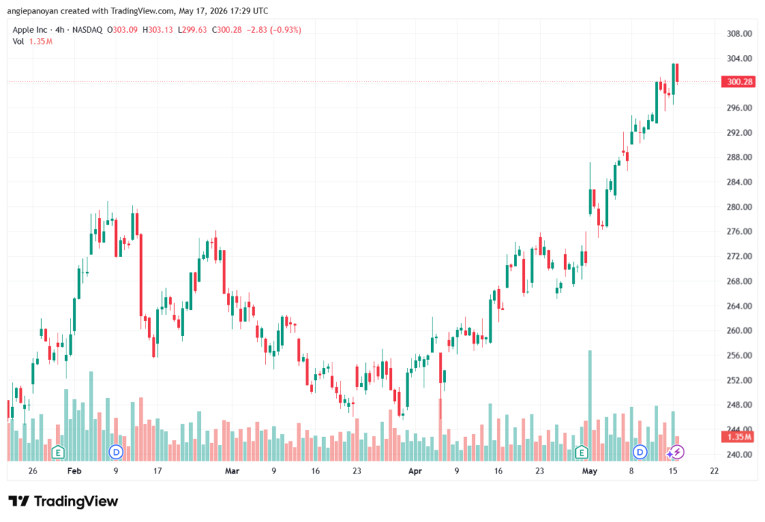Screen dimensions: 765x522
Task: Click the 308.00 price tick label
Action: [x=739, y=34]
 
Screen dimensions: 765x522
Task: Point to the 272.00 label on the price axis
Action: [x=739, y=256]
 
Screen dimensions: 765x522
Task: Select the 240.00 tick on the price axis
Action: [x=739, y=454]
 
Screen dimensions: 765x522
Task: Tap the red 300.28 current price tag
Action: [x=739, y=81]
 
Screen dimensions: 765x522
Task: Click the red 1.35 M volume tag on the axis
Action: [x=739, y=437]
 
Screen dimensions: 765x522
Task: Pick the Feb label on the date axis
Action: [x=74, y=470]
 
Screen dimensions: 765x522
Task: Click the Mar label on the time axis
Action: [x=232, y=470]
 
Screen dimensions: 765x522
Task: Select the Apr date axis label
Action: [x=415, y=470]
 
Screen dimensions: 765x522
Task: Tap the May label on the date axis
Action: [x=589, y=470]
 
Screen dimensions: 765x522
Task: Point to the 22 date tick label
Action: [x=714, y=470]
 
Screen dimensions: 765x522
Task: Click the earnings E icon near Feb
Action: [x=58, y=453]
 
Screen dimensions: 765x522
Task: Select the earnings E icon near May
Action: [x=581, y=453]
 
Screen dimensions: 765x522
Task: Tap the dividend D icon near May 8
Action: [x=639, y=453]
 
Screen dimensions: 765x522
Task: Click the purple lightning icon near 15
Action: [x=677, y=453]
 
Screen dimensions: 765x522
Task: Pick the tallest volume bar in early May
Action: [x=590, y=406]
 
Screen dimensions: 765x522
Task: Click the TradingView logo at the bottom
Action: [x=64, y=501]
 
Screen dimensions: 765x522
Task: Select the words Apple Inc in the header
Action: [x=30, y=30]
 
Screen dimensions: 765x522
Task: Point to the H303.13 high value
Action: [x=158, y=30]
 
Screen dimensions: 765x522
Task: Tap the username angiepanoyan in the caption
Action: [x=33, y=10]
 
